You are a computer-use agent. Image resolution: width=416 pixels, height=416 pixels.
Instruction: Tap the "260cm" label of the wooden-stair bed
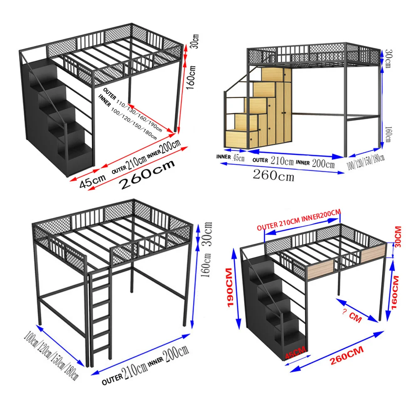pyautogui.click(x=273, y=175)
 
